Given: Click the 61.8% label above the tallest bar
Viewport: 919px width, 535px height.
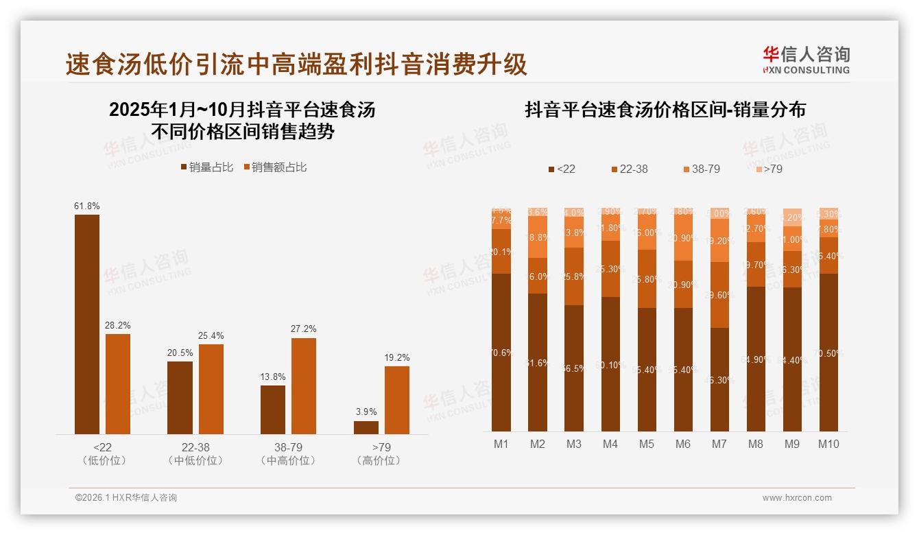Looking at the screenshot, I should click(87, 206).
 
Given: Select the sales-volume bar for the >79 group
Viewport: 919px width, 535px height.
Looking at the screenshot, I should click(366, 427).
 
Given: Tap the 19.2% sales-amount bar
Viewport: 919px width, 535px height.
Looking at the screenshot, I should click(396, 400).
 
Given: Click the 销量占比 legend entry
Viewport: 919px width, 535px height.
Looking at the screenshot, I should click(206, 167).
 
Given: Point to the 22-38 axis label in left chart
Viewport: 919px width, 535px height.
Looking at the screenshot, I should click(195, 447).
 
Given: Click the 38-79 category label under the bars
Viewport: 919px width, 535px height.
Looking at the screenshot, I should click(288, 447).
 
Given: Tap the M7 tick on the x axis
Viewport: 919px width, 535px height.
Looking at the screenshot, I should click(719, 444).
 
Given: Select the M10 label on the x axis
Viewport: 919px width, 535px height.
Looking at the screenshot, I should click(828, 444).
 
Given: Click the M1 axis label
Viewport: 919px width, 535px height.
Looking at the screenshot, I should click(501, 444).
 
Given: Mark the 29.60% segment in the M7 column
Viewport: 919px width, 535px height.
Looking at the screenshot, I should click(719, 295).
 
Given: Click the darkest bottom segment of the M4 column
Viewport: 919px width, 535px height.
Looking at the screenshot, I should click(610, 364).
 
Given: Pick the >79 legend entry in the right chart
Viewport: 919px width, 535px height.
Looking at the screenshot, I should click(769, 169).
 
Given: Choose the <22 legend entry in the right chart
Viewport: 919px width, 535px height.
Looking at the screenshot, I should click(562, 169).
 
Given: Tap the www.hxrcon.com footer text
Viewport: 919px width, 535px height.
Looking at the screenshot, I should click(797, 498).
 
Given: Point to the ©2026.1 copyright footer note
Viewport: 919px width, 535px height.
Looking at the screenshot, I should click(126, 498).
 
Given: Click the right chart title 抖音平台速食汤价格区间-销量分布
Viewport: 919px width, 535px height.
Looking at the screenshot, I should click(665, 110).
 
